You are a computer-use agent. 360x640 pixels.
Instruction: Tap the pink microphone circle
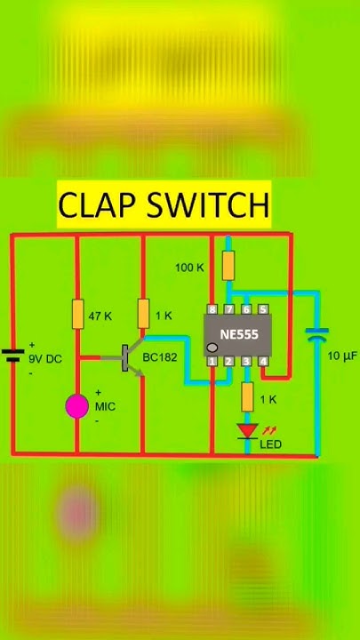tap(77, 406)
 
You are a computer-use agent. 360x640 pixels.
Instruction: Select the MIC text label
tap(106, 406)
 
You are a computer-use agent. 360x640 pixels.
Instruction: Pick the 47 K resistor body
tap(77, 315)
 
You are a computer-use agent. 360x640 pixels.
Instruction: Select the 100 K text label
tap(188, 268)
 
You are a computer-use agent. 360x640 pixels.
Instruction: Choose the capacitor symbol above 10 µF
tap(316, 335)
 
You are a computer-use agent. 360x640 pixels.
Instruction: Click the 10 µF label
tap(341, 356)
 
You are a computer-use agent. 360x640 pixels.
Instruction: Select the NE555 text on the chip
tap(237, 336)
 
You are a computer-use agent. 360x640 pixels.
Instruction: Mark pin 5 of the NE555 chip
tap(264, 309)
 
